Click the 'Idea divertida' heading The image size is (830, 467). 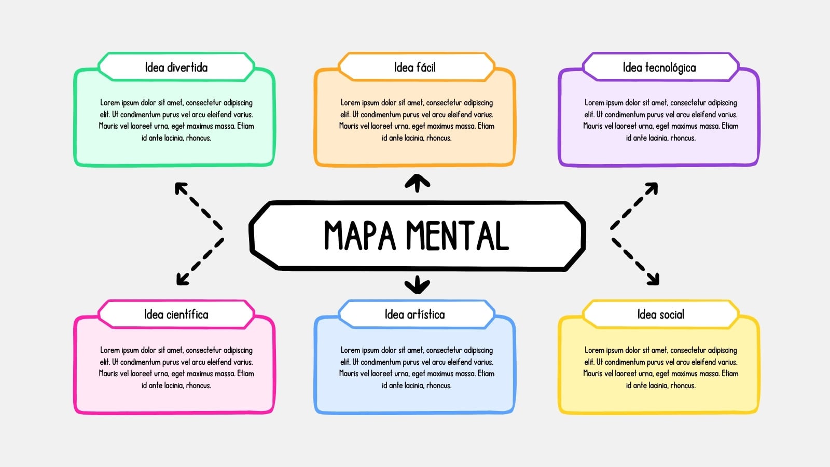pyautogui.click(x=176, y=67)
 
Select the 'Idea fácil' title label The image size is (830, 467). pyautogui.click(x=414, y=67)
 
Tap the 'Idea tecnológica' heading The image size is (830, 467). pyautogui.click(x=659, y=68)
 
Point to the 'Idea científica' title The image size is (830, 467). pyautogui.click(x=176, y=314)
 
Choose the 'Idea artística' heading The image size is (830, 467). pyautogui.click(x=414, y=314)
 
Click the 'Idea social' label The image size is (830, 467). pyautogui.click(x=661, y=314)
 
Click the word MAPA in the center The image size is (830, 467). pyautogui.click(x=360, y=236)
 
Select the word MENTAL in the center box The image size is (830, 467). pyautogui.click(x=458, y=236)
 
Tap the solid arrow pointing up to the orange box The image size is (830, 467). pyautogui.click(x=417, y=183)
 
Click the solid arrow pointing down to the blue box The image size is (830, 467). pyautogui.click(x=417, y=285)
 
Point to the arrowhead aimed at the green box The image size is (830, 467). pyautogui.click(x=181, y=188)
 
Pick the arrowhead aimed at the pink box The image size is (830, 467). pyautogui.click(x=182, y=279)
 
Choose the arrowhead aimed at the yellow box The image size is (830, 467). pyautogui.click(x=653, y=279)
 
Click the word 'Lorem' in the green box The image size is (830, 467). pyautogui.click(x=110, y=103)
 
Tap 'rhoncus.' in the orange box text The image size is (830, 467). pyautogui.click(x=439, y=138)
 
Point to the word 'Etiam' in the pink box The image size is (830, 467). pyautogui.click(x=246, y=374)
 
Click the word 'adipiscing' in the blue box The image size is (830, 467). pyautogui.click(x=478, y=351)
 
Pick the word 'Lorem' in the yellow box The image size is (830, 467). pyautogui.click(x=594, y=350)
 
